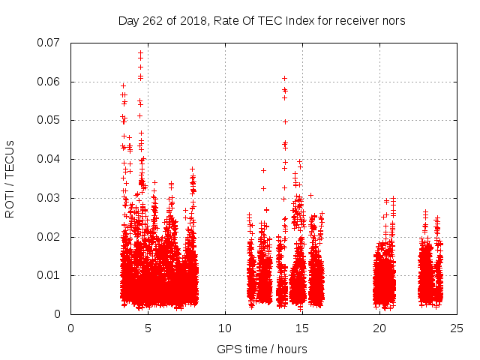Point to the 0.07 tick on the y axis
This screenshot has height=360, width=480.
[51, 42]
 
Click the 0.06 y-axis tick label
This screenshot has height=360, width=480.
[51, 81]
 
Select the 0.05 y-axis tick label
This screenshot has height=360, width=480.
[51, 120]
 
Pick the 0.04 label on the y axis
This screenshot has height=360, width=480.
[51, 159]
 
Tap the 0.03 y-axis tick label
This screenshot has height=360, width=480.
[51, 198]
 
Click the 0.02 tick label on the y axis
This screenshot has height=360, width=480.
[51, 237]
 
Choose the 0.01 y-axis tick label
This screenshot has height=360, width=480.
[51, 275]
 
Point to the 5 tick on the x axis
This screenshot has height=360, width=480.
[148, 328]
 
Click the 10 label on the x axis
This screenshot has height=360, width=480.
[225, 328]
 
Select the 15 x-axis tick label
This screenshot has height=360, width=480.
[302, 328]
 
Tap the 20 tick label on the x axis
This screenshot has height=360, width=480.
[379, 328]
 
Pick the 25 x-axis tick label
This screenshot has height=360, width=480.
[457, 328]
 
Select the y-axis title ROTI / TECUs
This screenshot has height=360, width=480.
[10, 178]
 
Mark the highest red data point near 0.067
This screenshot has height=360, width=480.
[140, 53]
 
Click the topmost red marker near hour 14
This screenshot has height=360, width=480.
[284, 78]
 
